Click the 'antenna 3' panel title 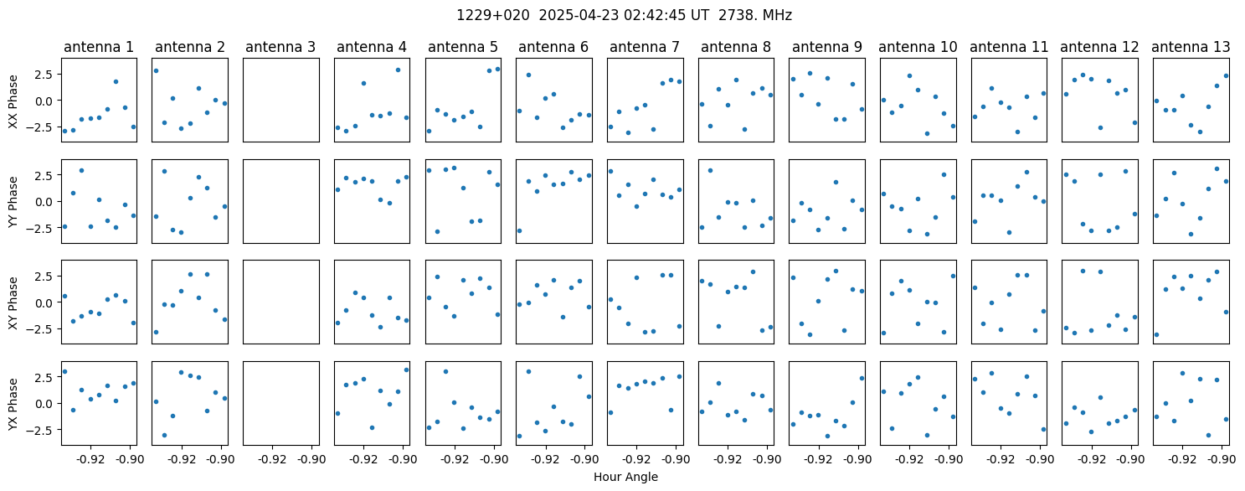pos(280,47)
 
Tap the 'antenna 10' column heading pos(918,47)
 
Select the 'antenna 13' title pos(1191,47)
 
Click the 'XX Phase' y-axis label pos(13,101)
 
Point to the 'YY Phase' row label pos(13,202)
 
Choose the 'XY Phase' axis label pos(13,302)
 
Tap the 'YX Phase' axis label pos(13,403)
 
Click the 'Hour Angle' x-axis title pos(625,477)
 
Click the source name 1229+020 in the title pos(492,15)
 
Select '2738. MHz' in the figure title pos(754,15)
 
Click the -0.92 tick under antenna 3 pos(272,459)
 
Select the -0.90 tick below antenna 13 pos(1222,459)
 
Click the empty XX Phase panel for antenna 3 pos(280,100)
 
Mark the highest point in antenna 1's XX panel pos(116,82)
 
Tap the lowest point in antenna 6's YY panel pos(519,230)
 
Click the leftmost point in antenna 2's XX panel pos(156,70)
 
